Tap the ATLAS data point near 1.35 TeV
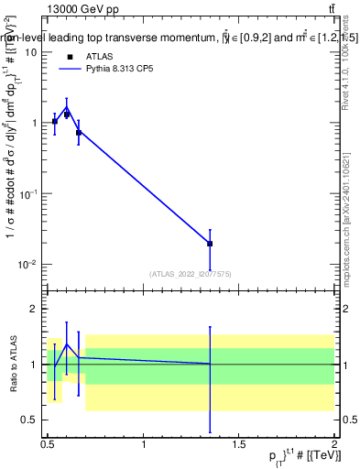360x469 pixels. tap(210, 244)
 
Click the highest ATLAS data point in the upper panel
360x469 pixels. tap(67, 115)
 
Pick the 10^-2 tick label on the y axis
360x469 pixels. tap(28, 265)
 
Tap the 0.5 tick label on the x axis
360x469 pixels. tap(48, 444)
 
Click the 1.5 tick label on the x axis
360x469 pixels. tap(239, 444)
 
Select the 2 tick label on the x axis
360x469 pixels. tap(334, 444)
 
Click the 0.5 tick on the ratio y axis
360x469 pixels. tap(30, 420)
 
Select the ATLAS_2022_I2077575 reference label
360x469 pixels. tap(191, 274)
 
